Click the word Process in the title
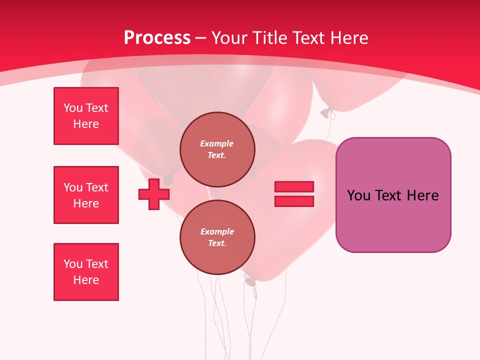pyautogui.click(x=157, y=38)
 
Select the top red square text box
pyautogui.click(x=86, y=116)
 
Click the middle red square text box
pyautogui.click(x=86, y=195)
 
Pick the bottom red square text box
pyautogui.click(x=86, y=272)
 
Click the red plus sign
pyautogui.click(x=154, y=194)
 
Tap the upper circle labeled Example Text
pyautogui.click(x=217, y=149)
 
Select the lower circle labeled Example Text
pyautogui.click(x=217, y=237)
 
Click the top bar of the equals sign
pyautogui.click(x=294, y=187)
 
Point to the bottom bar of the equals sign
pyautogui.click(x=294, y=201)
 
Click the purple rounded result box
pyautogui.click(x=393, y=220)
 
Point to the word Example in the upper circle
pyautogui.click(x=217, y=143)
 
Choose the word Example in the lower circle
pyautogui.click(x=217, y=231)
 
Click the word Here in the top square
pyautogui.click(x=86, y=124)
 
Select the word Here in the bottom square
pyautogui.click(x=86, y=280)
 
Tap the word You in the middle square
pyautogui.click(x=73, y=187)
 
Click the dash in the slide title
pyautogui.click(x=201, y=38)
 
